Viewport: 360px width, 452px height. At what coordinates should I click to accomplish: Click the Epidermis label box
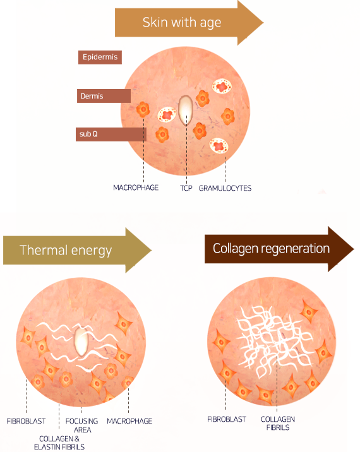[x=100, y=57]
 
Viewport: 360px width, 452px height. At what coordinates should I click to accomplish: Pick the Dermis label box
[x=104, y=96]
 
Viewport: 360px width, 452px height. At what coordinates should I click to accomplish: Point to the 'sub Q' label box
[x=111, y=134]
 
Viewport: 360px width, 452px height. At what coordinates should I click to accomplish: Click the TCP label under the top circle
[x=186, y=188]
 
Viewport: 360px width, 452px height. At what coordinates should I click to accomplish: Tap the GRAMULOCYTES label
[x=225, y=188]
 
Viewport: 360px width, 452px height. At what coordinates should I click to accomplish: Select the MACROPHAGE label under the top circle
[x=136, y=187]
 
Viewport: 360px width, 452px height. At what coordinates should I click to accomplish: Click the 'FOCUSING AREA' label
[x=82, y=425]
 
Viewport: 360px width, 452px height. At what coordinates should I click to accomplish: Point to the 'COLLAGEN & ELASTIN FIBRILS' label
[x=59, y=443]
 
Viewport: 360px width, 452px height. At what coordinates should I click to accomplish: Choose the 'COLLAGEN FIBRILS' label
[x=278, y=423]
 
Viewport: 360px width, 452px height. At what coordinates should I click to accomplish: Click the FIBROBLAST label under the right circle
[x=227, y=419]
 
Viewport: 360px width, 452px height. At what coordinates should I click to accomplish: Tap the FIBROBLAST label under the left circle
[x=26, y=421]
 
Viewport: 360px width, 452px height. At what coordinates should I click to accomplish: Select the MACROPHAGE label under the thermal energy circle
[x=129, y=421]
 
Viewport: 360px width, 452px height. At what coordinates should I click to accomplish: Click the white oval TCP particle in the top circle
[x=185, y=110]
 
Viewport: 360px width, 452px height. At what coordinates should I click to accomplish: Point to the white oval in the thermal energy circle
[x=81, y=342]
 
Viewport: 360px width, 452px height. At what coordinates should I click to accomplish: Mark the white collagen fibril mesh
[x=273, y=341]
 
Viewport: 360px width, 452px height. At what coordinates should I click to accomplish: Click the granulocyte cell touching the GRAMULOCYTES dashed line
[x=219, y=146]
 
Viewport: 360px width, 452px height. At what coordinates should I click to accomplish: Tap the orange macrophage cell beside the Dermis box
[x=143, y=109]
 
